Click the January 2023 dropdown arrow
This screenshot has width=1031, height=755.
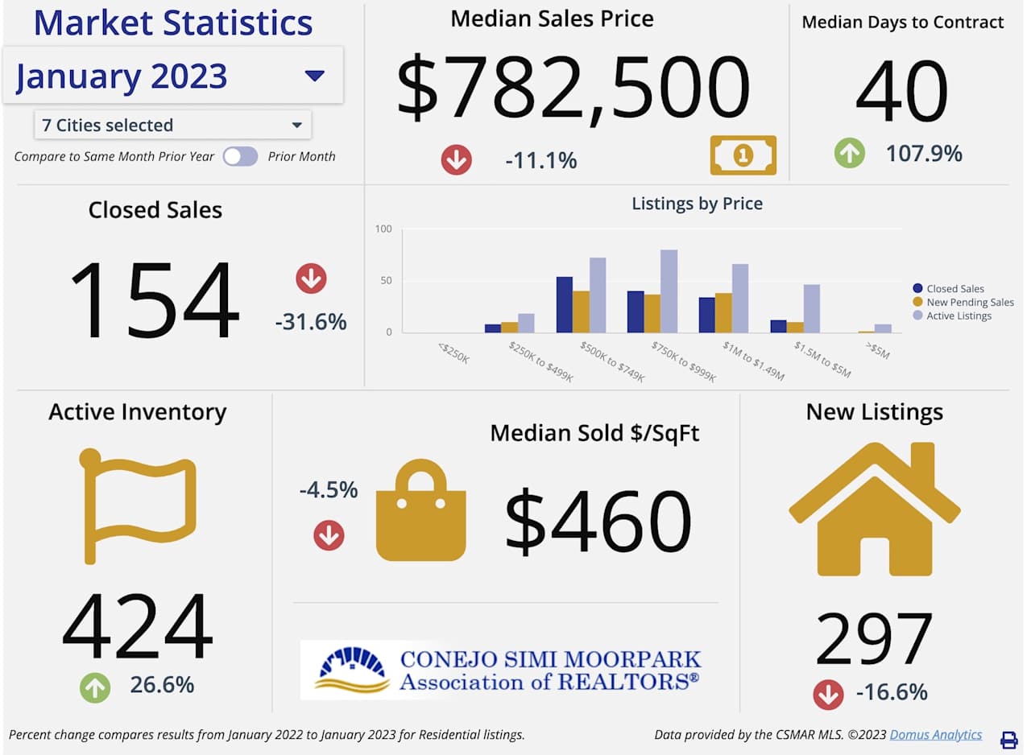314,76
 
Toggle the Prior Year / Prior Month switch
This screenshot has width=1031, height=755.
240,156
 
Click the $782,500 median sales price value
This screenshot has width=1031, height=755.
573,88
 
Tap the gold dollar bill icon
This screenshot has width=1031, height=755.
743,155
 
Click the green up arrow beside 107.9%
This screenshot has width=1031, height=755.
850,153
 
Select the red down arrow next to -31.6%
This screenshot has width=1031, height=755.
311,279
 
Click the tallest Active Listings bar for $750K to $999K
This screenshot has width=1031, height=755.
669,291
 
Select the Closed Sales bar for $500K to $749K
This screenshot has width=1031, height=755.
565,304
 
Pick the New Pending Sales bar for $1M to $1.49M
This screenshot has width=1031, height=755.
723,312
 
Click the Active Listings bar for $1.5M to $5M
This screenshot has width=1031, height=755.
811,308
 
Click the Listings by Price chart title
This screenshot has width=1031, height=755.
697,204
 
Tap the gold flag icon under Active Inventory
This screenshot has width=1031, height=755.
138,503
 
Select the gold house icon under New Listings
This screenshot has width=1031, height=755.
874,509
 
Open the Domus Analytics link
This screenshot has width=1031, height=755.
936,734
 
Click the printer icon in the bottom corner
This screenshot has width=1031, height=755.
1008,740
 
